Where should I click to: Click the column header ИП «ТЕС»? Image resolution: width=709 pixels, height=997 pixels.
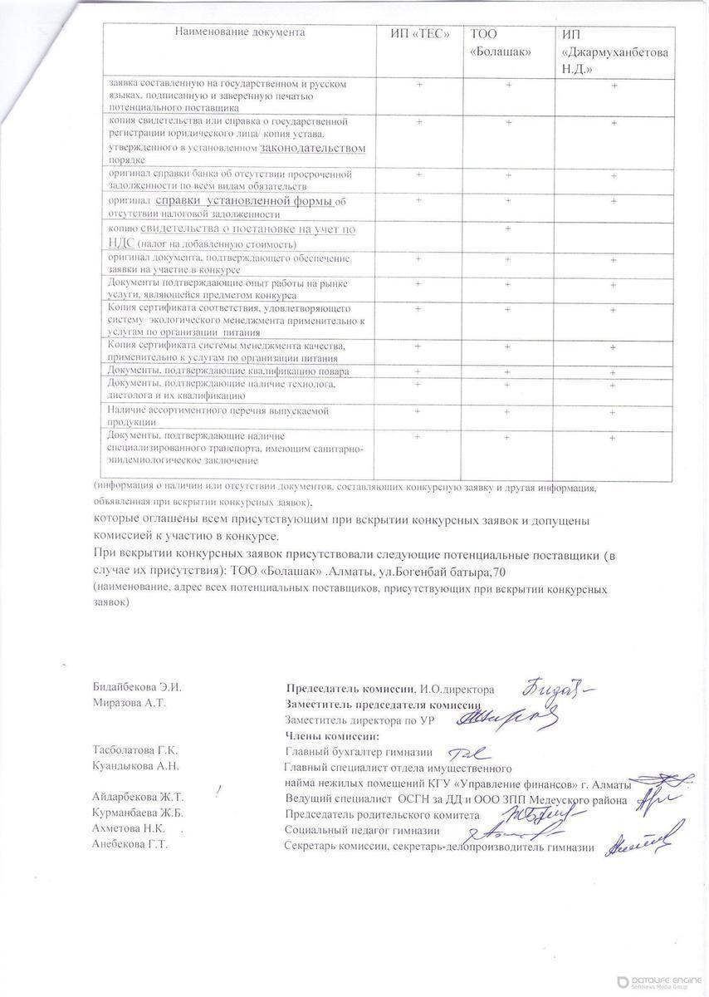coord(420,34)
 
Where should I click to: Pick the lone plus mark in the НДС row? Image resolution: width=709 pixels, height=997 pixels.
coord(507,228)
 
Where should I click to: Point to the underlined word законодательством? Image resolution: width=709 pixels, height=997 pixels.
coord(312,148)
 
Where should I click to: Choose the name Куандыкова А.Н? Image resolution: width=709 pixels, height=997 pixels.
coord(135,765)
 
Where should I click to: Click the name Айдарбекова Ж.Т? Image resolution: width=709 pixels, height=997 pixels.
coord(137,797)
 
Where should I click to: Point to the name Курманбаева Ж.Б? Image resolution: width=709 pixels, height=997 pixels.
coord(137,813)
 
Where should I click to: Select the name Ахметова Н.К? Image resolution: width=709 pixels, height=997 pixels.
coord(130,829)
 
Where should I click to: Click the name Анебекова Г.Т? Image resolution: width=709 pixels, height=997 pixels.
coord(130,844)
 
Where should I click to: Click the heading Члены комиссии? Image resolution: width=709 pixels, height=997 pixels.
coord(332,735)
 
